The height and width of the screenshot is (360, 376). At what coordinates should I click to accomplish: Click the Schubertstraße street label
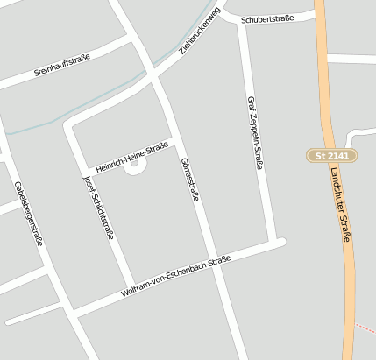click(x=278, y=17)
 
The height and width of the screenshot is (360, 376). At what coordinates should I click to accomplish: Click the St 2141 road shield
click(x=333, y=155)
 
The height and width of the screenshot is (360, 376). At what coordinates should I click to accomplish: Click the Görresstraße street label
click(x=188, y=180)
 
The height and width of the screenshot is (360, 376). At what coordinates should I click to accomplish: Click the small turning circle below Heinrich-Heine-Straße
click(x=134, y=164)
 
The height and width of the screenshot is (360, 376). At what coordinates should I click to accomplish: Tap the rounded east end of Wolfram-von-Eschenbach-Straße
click(x=280, y=243)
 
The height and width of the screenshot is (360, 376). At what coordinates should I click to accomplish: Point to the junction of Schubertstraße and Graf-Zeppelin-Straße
click(x=242, y=20)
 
